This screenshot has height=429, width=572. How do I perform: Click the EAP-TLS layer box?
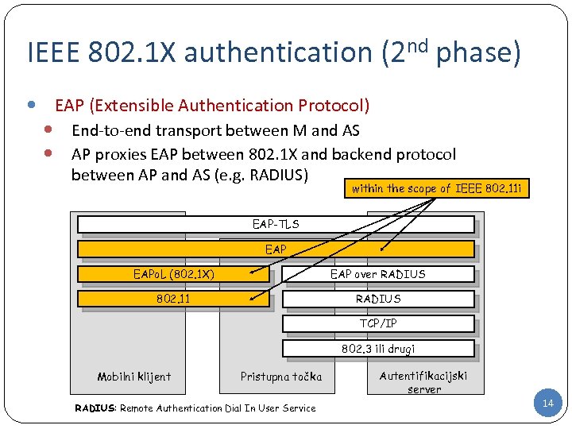point(276,224)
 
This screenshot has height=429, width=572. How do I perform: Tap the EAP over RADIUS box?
point(378,275)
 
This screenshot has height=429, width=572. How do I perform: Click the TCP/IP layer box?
point(378,323)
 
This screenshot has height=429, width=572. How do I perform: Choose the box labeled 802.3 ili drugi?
point(378,348)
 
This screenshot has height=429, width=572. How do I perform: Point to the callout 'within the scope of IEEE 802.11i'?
point(438,188)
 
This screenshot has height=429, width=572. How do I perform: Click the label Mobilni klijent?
point(133,377)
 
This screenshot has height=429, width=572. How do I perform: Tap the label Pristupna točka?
point(281,377)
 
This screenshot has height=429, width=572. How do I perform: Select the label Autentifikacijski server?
point(423,381)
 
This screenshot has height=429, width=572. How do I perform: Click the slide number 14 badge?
point(547,404)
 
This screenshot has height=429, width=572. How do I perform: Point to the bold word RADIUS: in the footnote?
point(95,408)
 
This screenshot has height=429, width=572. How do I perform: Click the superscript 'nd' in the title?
point(419,41)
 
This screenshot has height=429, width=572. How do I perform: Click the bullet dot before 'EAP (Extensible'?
point(30,105)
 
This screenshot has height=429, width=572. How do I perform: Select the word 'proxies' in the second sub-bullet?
point(120,153)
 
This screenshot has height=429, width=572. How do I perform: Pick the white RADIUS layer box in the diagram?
point(378,300)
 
